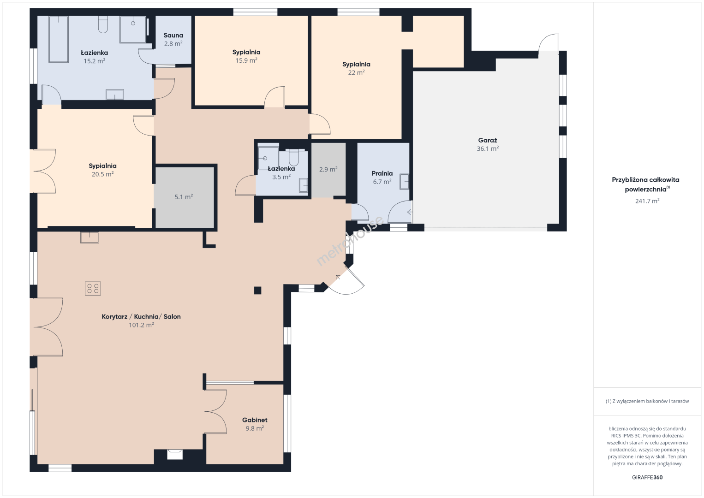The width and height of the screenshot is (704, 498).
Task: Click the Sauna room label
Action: (173, 36)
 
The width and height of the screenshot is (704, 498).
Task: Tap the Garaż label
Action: (488, 141)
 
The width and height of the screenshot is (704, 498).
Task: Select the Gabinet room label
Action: (255, 420)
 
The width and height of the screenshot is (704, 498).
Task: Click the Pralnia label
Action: (382, 173)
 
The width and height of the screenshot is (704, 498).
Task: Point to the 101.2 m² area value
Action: (141, 325)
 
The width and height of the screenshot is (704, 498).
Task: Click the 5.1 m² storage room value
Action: (184, 197)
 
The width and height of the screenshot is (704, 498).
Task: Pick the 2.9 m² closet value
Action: (328, 169)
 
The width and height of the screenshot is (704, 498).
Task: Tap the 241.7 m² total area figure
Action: (647, 201)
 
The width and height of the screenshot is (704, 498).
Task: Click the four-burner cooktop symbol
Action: (93, 289)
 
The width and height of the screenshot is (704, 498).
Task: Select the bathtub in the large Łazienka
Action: (59, 39)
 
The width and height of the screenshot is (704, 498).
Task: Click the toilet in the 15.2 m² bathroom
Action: (103, 24)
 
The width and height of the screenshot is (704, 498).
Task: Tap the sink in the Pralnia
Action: (405, 182)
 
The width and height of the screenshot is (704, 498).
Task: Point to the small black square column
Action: (258, 290)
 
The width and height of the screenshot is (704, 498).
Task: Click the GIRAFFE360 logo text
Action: (647, 477)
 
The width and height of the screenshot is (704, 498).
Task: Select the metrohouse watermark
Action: (350, 241)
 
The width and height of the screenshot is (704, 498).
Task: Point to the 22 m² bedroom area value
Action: (356, 72)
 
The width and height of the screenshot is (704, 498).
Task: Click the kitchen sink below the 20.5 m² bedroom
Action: (89, 237)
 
